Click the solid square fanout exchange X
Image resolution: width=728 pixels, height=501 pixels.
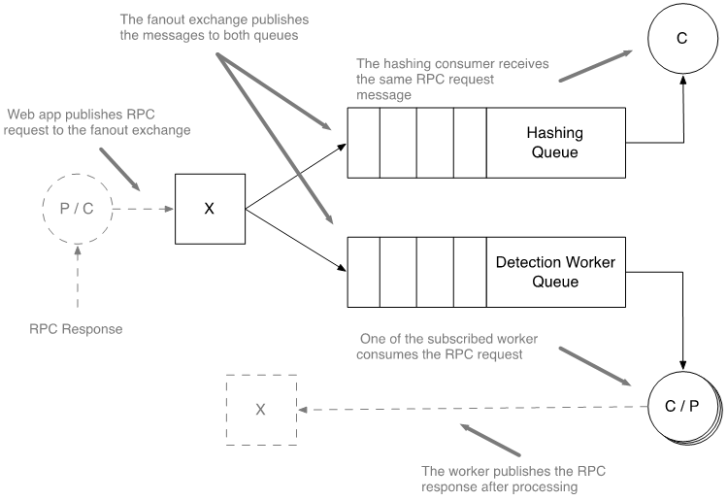[x=209, y=209]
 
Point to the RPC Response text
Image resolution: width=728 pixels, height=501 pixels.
[x=76, y=328]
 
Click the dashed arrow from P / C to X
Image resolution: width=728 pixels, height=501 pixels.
[x=143, y=209]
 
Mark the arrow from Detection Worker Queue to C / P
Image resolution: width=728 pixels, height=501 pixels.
[x=684, y=320]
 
